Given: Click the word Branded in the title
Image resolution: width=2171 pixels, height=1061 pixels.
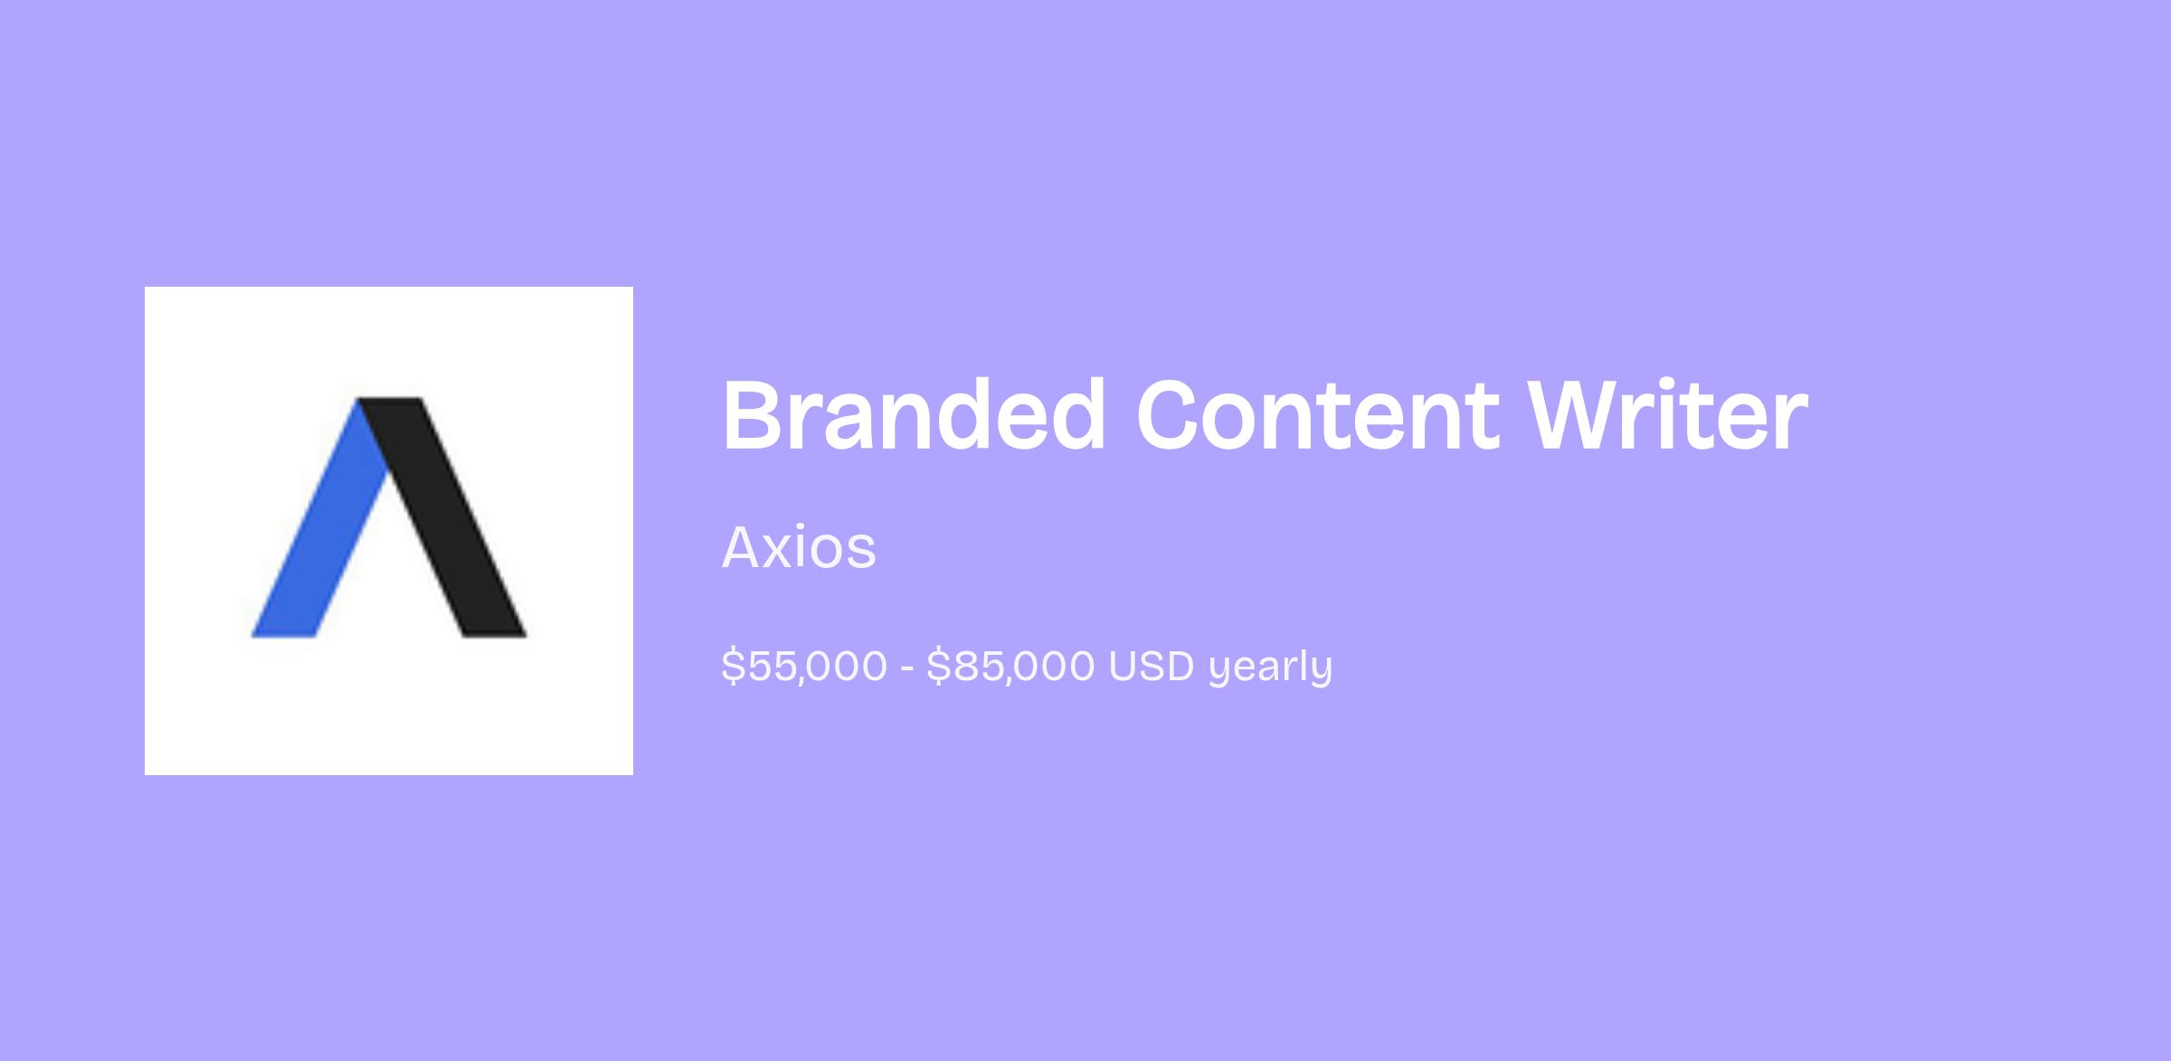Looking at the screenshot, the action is click(x=914, y=415).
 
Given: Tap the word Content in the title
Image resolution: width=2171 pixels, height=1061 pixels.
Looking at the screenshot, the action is click(x=1316, y=415).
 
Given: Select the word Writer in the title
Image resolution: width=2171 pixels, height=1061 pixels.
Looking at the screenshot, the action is click(x=1668, y=415).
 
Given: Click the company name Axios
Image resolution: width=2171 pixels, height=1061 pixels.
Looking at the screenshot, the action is click(x=799, y=547).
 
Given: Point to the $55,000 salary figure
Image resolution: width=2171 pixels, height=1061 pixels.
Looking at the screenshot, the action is click(x=804, y=666).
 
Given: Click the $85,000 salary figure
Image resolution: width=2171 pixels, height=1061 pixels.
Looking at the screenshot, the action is click(x=1010, y=666).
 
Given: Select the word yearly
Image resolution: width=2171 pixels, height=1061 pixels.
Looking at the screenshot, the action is click(x=1271, y=668).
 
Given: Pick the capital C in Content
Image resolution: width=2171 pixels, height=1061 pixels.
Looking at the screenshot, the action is click(x=1171, y=415).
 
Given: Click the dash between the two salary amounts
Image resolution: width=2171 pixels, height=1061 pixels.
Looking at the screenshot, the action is click(x=907, y=668).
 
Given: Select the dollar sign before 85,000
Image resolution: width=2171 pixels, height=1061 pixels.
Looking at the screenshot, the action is click(x=938, y=666).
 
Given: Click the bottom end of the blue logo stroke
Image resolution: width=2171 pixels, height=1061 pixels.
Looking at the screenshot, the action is click(x=283, y=635).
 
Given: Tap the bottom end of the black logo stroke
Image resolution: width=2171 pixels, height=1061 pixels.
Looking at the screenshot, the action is click(x=495, y=635).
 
